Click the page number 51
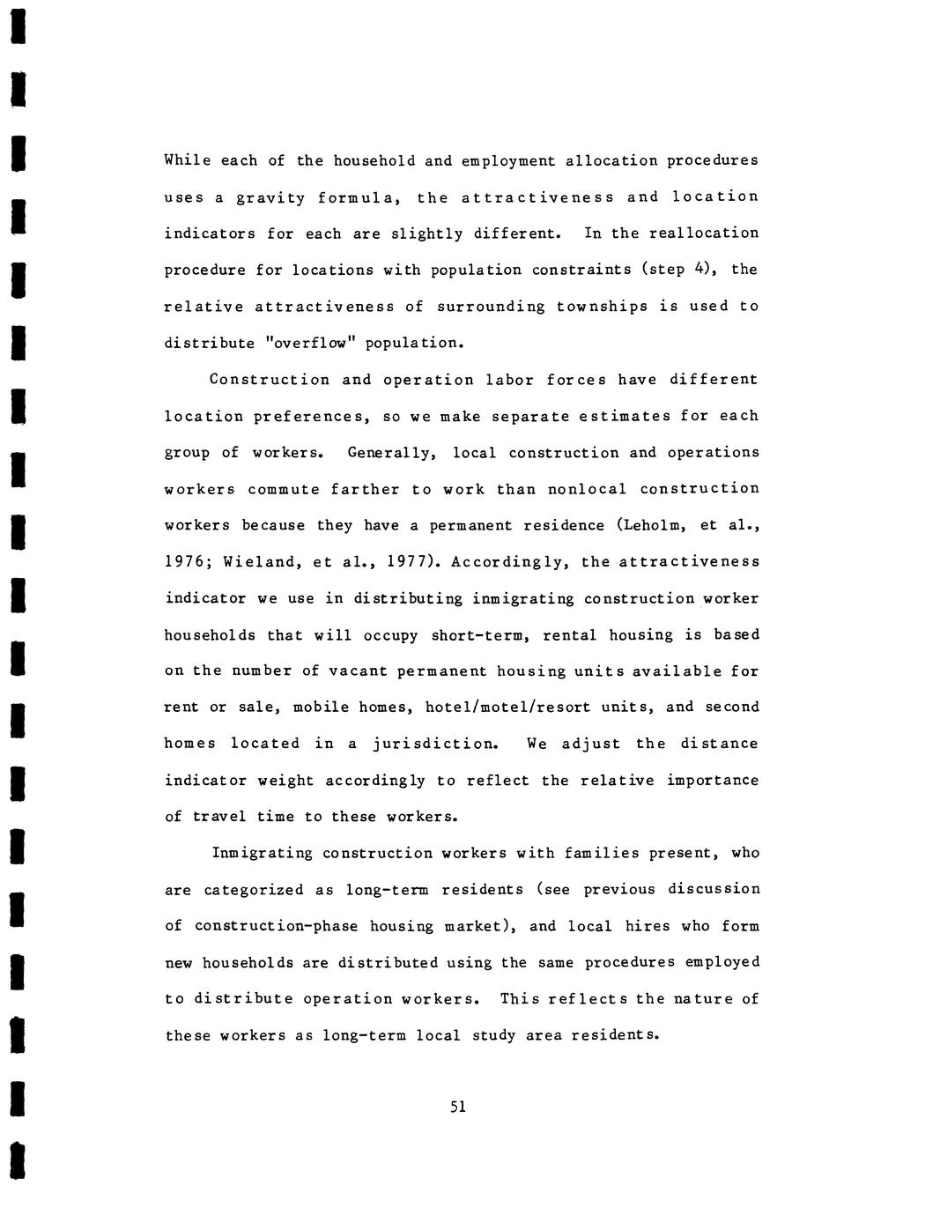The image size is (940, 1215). pyautogui.click(x=457, y=1107)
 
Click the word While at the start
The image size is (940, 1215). pyautogui.click(x=187, y=160)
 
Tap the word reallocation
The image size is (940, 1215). pyautogui.click(x=704, y=233)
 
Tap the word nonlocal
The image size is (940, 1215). pyautogui.click(x=587, y=489)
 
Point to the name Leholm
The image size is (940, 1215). pyautogui.click(x=654, y=526)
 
